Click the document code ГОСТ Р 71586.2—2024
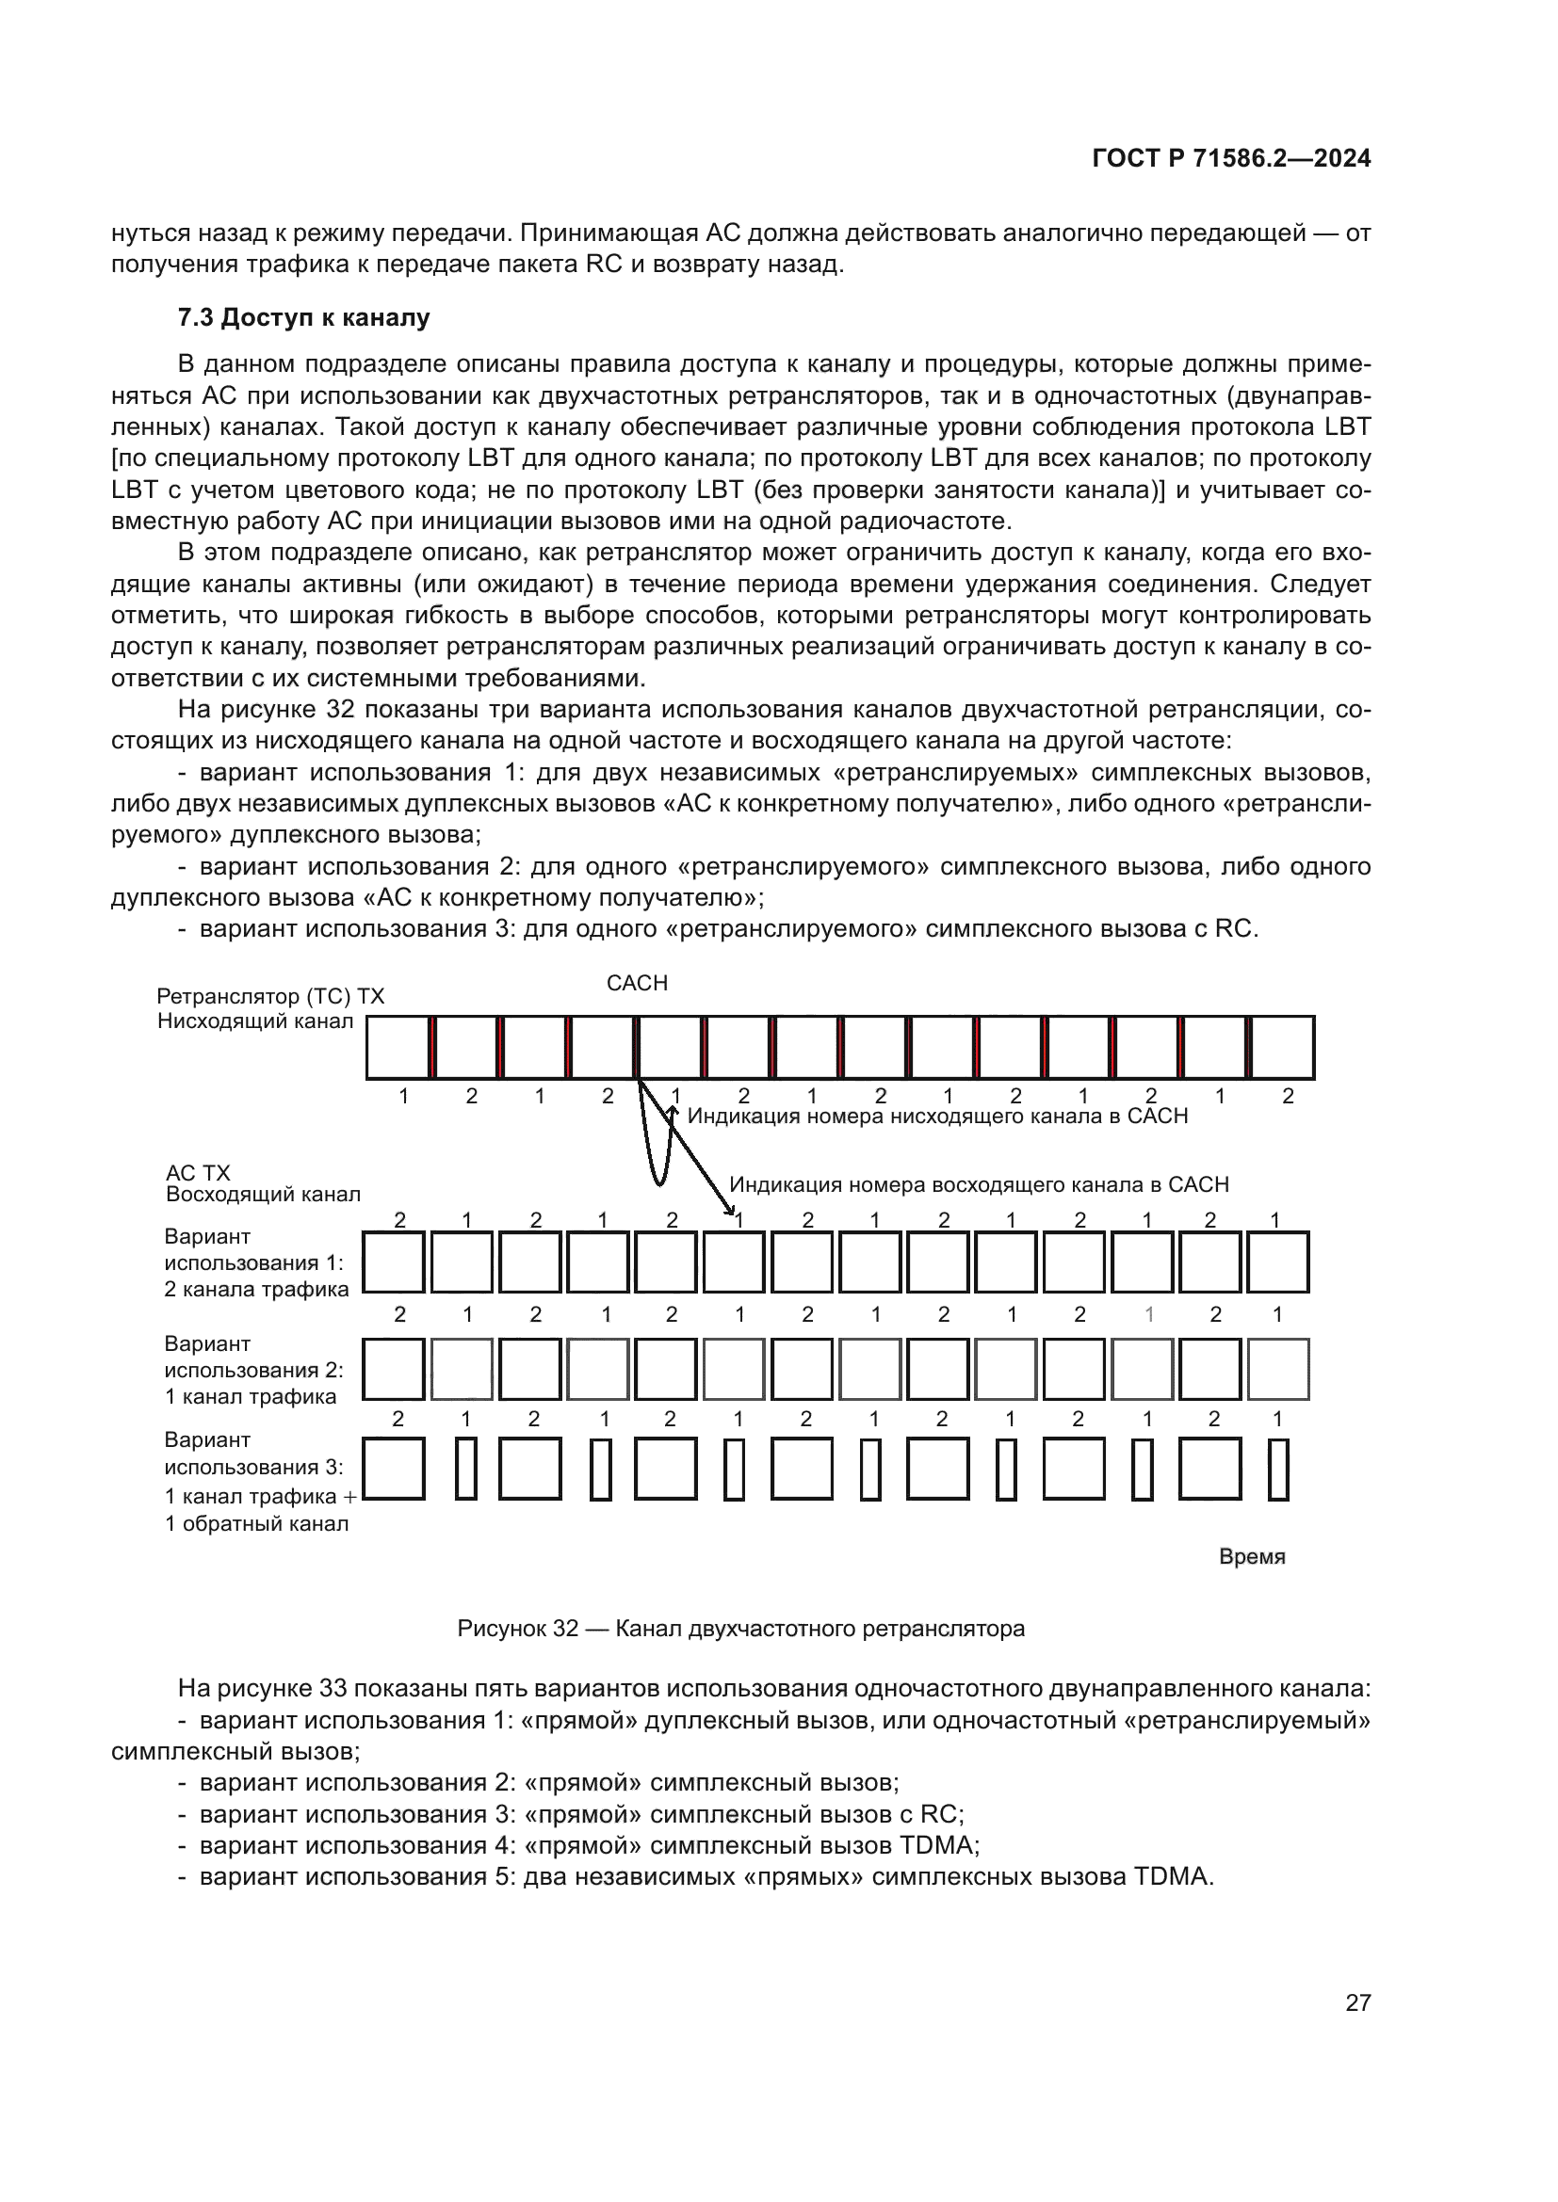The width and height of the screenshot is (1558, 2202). (1231, 158)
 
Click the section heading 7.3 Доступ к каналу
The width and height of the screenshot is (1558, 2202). (303, 317)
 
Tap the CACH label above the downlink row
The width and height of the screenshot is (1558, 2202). (637, 983)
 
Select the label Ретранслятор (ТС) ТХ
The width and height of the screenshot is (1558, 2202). (270, 996)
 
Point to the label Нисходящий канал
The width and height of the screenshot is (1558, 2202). (255, 1021)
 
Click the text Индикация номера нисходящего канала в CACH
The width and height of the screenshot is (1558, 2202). (937, 1117)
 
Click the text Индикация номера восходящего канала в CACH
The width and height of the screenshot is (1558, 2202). (979, 1184)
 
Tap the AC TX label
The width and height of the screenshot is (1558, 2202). (198, 1173)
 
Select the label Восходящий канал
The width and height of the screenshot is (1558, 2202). (263, 1195)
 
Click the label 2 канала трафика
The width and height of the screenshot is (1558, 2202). (256, 1290)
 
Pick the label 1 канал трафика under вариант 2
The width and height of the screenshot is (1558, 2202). (251, 1396)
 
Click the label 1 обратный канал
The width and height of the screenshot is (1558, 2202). (256, 1524)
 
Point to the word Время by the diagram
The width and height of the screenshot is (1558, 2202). (1251, 1556)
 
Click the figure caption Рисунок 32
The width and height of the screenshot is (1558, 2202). (740, 1629)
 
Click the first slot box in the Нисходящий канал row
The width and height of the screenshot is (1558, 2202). (398, 1047)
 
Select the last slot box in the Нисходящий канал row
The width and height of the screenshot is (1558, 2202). (1284, 1047)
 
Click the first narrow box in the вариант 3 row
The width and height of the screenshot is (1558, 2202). (466, 1469)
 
